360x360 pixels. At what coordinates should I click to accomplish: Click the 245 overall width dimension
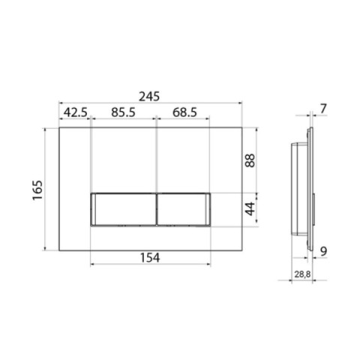149,97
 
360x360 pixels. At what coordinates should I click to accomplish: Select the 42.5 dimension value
76,112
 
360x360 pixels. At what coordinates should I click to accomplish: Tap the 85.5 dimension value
123,112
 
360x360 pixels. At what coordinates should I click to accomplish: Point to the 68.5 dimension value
184,112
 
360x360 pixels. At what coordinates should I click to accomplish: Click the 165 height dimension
37,190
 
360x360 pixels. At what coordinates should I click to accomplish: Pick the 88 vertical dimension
250,160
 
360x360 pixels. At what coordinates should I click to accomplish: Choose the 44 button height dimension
250,208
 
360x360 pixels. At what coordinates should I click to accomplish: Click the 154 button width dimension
150,257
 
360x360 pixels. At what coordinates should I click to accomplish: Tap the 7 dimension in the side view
323,109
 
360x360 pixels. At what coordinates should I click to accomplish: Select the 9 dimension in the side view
323,251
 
